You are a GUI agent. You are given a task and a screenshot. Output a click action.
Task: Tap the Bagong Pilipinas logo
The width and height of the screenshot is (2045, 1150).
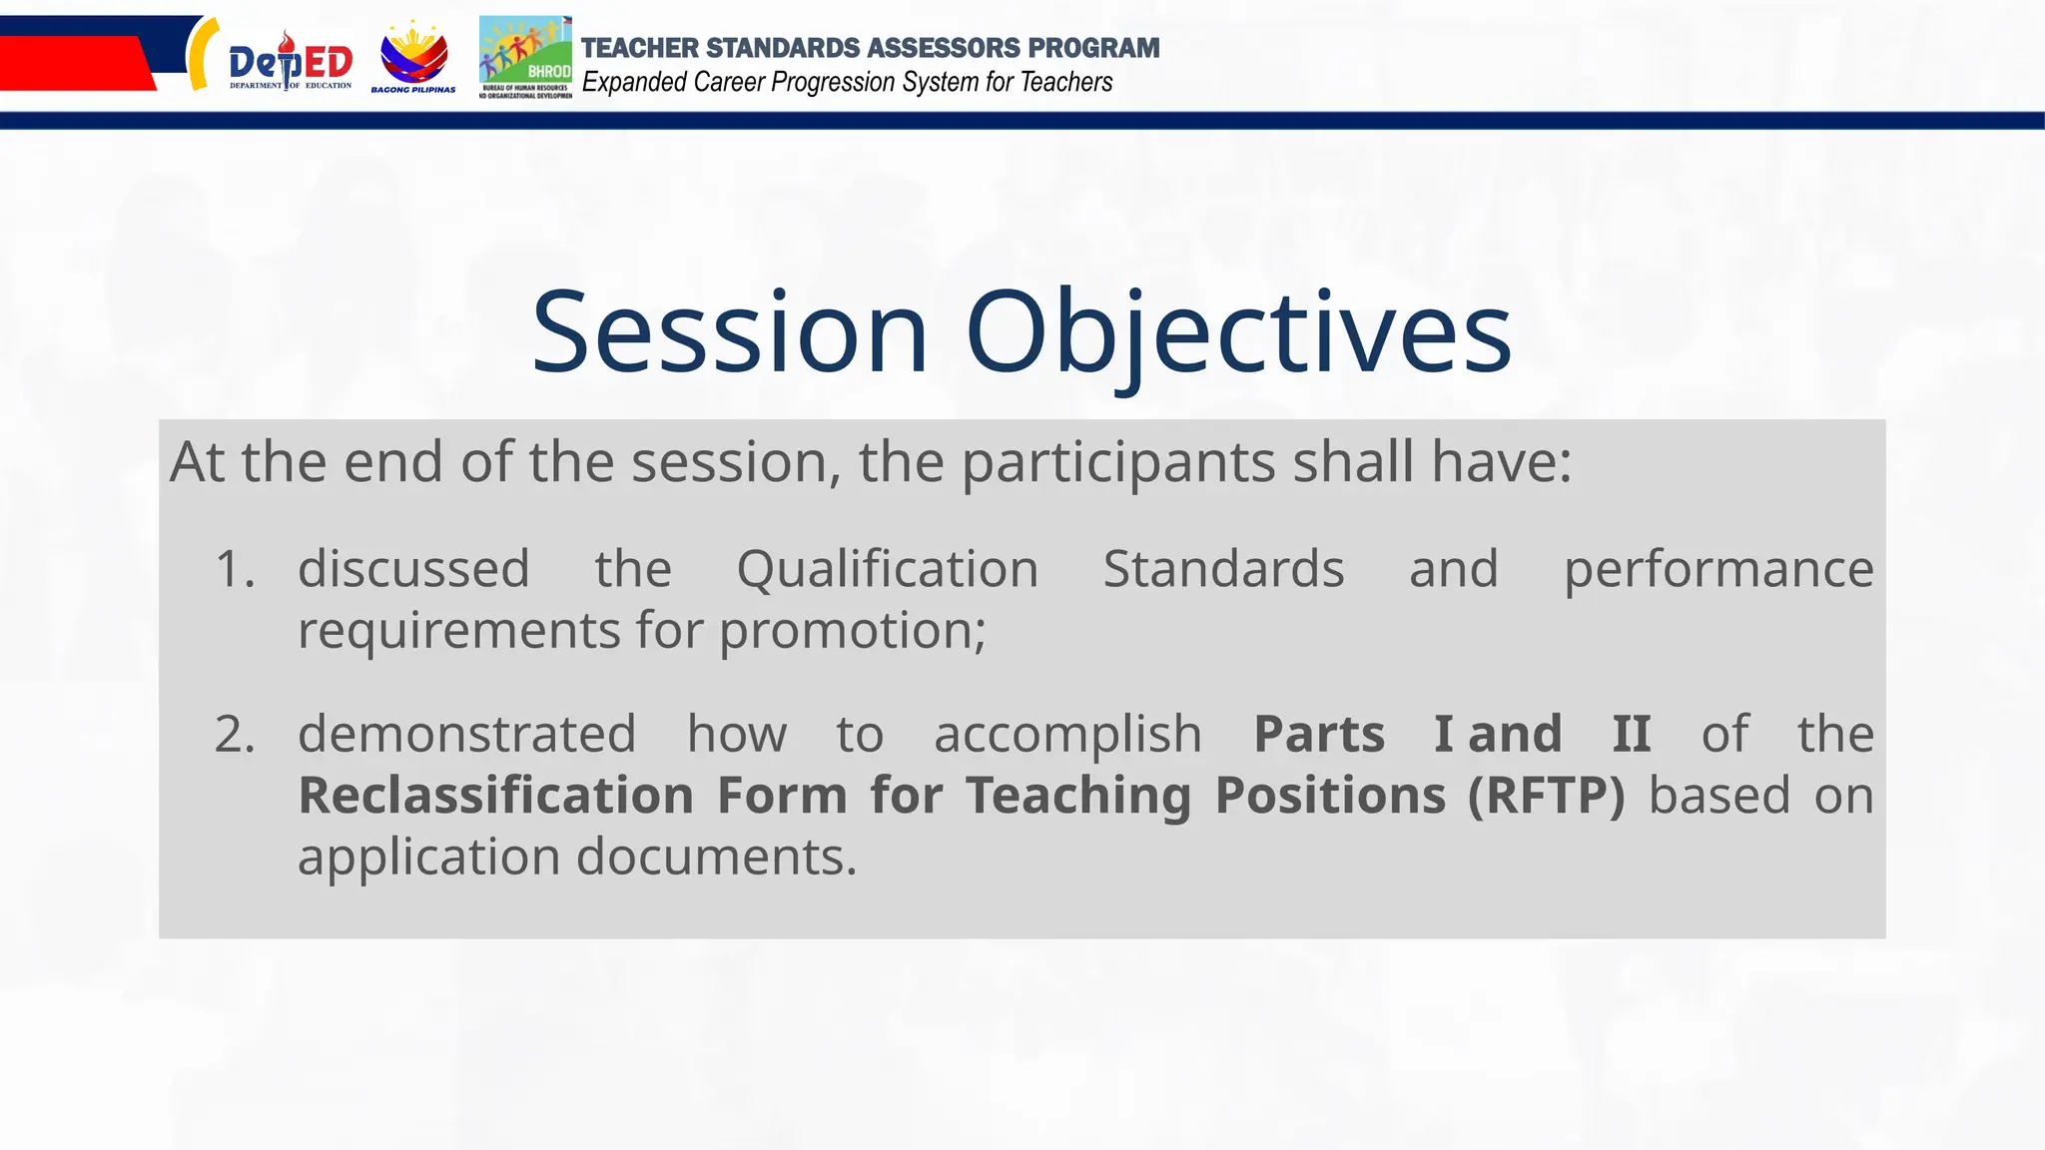[413, 58]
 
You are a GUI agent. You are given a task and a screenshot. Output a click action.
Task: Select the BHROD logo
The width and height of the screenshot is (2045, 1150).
[525, 57]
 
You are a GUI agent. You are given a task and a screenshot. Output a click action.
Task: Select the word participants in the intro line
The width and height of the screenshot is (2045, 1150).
[1118, 462]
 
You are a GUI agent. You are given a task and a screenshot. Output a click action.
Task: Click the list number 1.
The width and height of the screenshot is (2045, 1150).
[235, 569]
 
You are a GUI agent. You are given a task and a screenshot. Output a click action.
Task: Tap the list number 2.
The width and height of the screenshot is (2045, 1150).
[235, 735]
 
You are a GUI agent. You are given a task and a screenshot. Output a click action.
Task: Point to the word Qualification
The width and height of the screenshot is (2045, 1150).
[887, 569]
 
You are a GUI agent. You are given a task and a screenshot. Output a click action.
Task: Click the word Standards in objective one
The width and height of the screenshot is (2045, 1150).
[1223, 569]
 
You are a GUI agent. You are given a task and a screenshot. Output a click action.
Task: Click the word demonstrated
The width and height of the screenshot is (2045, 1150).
[466, 735]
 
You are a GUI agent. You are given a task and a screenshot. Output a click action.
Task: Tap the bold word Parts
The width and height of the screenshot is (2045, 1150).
[1318, 735]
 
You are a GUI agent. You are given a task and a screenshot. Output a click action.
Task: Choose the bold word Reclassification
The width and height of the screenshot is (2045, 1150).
[495, 796]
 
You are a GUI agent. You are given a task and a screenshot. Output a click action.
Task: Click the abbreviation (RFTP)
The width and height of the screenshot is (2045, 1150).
[1546, 796]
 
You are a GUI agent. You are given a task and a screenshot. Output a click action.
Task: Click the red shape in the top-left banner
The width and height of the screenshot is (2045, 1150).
[70, 62]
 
